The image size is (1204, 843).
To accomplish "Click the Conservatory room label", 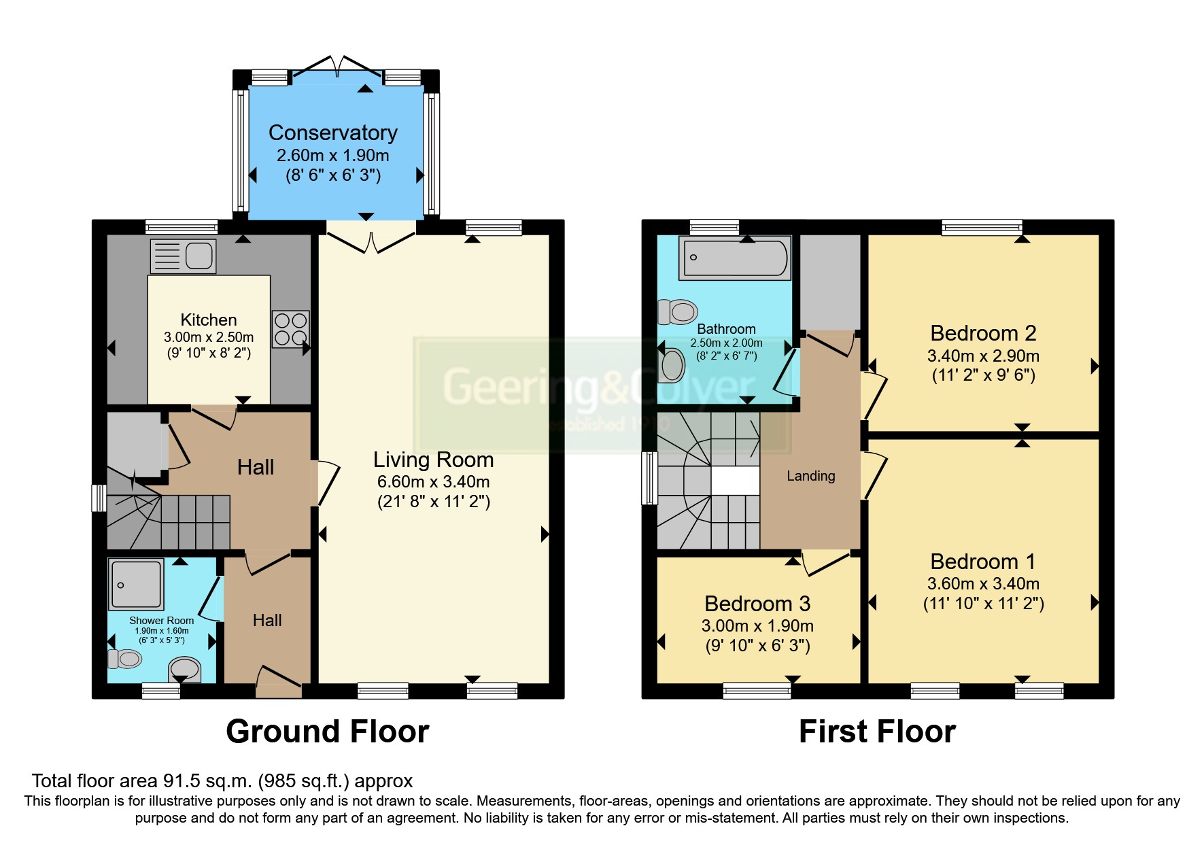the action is [333, 133].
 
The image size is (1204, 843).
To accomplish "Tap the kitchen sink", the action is [183, 256].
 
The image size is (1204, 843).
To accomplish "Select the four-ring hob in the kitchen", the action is [291, 329].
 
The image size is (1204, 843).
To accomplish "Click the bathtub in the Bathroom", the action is [735, 258].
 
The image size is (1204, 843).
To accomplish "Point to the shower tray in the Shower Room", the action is [136, 584].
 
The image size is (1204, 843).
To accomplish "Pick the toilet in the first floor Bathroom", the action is [678, 312].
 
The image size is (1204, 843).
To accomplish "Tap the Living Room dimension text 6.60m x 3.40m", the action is [434, 482].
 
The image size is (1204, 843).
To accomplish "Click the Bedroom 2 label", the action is [983, 333].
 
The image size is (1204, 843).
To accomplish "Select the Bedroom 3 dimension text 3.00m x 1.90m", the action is [757, 626].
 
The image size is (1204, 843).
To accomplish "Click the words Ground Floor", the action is [328, 732].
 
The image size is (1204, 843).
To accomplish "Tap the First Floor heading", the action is [877, 732].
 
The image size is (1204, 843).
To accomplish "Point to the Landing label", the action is [811, 476].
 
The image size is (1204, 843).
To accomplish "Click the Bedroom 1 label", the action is [983, 562].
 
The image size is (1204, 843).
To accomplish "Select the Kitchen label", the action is [209, 320].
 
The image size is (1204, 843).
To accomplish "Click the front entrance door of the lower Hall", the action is [279, 681].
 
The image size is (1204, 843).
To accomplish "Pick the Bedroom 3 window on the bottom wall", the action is [757, 691].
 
